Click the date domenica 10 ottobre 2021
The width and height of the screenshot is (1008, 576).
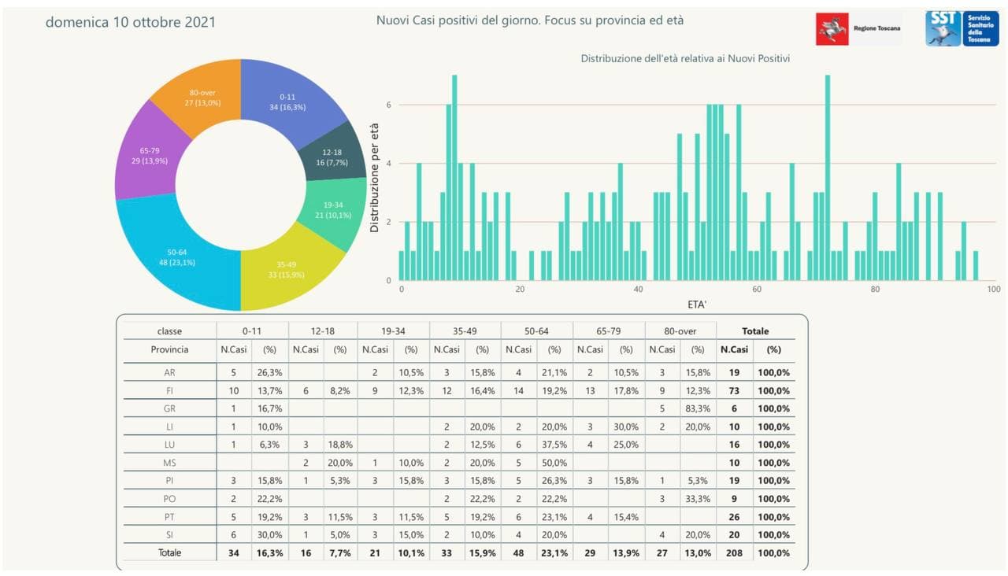pyautogui.click(x=130, y=22)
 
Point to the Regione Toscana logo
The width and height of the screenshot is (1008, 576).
pyautogui.click(x=859, y=28)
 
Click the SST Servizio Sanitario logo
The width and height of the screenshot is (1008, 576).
pyautogui.click(x=962, y=28)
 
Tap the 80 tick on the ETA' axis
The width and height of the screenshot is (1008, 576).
pyautogui.click(x=875, y=290)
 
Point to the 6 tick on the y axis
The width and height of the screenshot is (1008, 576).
pyautogui.click(x=388, y=105)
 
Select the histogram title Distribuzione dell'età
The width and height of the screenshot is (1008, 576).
pyautogui.click(x=685, y=59)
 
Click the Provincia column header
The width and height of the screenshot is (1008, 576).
pyautogui.click(x=169, y=349)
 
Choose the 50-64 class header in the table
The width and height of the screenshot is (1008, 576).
pyautogui.click(x=536, y=331)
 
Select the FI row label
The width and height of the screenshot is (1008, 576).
pyautogui.click(x=169, y=391)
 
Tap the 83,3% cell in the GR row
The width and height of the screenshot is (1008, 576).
pyautogui.click(x=698, y=409)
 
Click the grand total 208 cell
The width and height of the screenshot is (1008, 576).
pyautogui.click(x=734, y=553)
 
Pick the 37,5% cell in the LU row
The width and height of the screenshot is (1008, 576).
pyautogui.click(x=554, y=445)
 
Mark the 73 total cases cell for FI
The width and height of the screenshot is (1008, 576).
pyautogui.click(x=734, y=391)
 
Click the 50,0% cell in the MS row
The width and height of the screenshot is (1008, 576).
pyautogui.click(x=554, y=463)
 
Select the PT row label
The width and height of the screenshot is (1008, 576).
pyautogui.click(x=169, y=517)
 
